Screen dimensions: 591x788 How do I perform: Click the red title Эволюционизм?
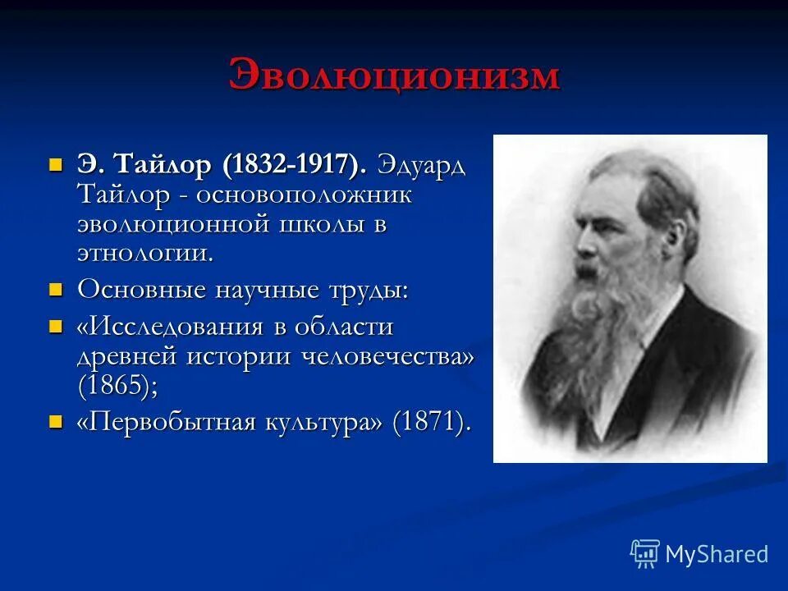pyautogui.click(x=394, y=76)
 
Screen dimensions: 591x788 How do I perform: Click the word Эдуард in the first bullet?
pyautogui.click(x=421, y=163)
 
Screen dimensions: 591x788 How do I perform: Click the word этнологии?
pyautogui.click(x=144, y=252)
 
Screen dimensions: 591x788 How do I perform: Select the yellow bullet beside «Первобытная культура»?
pyautogui.click(x=56, y=422)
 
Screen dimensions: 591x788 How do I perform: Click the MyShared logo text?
pyautogui.click(x=717, y=554)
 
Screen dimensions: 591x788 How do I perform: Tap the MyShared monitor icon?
pyautogui.click(x=645, y=553)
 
